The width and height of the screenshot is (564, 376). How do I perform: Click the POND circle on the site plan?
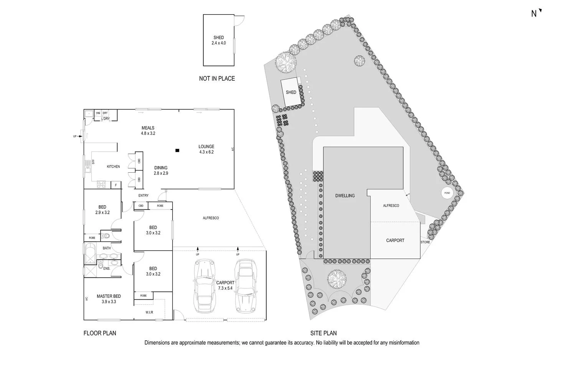[x=447, y=193]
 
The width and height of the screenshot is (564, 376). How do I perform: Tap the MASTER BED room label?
[x=109, y=299]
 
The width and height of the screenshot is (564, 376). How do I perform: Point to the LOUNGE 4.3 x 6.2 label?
[x=206, y=149]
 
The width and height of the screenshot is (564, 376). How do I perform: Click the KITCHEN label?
[x=113, y=167]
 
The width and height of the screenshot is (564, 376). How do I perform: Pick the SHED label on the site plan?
[x=291, y=92]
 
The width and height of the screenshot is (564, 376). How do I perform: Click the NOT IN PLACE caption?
[x=217, y=79]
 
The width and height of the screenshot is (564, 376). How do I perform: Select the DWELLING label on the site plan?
[x=345, y=196]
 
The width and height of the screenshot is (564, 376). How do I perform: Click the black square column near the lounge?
[x=177, y=150]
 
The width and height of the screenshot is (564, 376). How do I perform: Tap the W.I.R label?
[x=149, y=312]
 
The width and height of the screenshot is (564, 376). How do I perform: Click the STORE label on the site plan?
[x=425, y=242]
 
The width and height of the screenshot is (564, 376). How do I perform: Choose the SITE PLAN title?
[x=323, y=333]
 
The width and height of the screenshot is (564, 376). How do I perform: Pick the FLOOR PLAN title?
[x=100, y=333]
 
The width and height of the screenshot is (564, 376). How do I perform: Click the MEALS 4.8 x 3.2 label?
[x=148, y=131]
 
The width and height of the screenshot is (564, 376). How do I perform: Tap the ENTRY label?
[x=143, y=196]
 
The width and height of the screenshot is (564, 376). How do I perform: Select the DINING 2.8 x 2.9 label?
[x=161, y=170]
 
